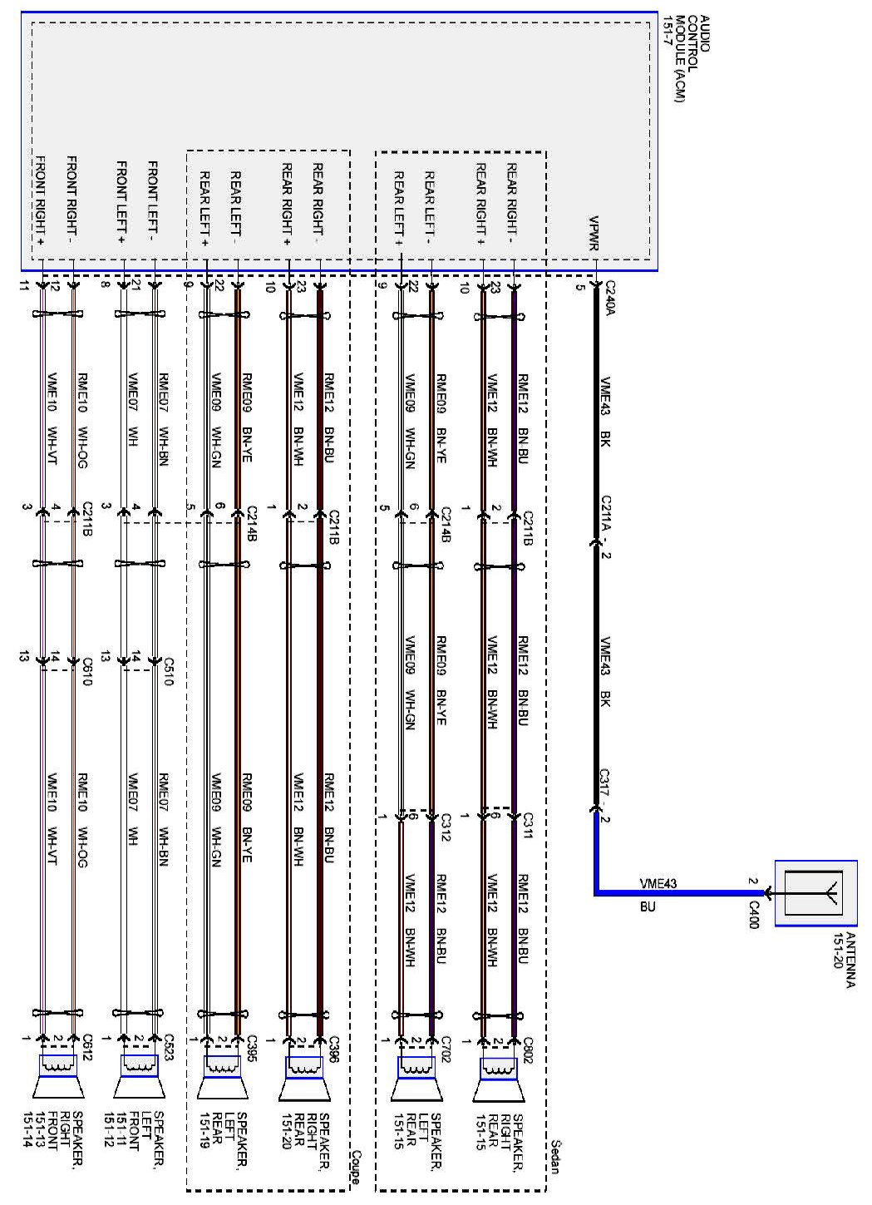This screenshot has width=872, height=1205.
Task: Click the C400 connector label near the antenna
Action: coord(753,912)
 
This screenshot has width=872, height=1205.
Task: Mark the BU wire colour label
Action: coord(648,906)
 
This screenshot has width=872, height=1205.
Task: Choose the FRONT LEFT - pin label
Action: coord(153,200)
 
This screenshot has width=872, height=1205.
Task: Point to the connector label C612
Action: coord(86,1045)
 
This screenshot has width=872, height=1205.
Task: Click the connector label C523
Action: coord(167,1045)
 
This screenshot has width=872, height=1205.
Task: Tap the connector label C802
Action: coord(527,1045)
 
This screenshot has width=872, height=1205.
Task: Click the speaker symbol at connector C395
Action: coord(221,1079)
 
